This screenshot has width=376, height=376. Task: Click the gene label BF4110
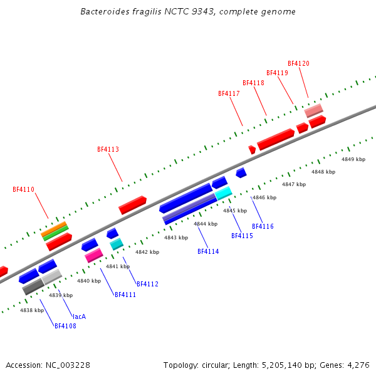click(x=23, y=189)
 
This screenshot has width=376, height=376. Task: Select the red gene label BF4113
click(x=108, y=150)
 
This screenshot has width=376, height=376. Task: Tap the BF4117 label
click(x=229, y=94)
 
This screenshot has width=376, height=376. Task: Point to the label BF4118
click(x=253, y=83)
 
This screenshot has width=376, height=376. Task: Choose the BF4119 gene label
click(x=277, y=73)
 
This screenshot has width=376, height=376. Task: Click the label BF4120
click(x=298, y=64)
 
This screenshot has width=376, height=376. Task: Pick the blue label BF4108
click(x=65, y=326)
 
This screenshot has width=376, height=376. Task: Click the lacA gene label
click(x=79, y=316)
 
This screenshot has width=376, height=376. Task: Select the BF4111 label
click(x=125, y=295)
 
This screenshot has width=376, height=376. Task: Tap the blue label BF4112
click(x=147, y=285)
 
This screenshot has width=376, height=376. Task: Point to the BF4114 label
click(x=208, y=252)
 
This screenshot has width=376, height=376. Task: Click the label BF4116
click(x=263, y=226)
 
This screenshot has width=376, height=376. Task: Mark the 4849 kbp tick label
click(x=353, y=159)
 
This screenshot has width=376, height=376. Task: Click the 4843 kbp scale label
click(x=176, y=238)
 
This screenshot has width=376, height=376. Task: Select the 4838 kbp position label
click(x=32, y=310)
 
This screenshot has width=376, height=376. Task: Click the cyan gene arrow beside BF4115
click(x=224, y=194)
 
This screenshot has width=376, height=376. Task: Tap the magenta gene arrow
click(x=93, y=255)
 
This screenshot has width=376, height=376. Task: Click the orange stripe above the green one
click(x=54, y=227)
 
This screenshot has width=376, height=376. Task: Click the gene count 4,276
click(x=357, y=365)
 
